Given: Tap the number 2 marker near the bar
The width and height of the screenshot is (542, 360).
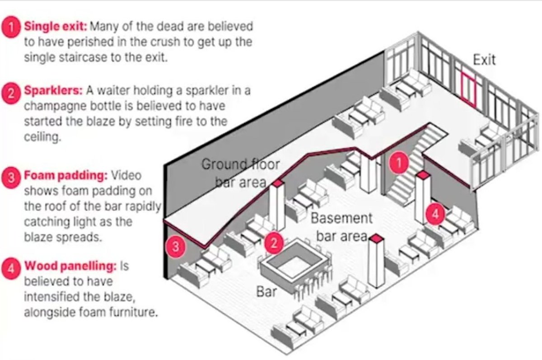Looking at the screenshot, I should pos(273,243).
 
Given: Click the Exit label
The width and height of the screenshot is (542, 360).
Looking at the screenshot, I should pos(484,60).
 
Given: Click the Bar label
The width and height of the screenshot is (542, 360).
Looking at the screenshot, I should pos(266,291).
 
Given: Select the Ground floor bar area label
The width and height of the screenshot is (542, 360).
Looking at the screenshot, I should pos(240,172).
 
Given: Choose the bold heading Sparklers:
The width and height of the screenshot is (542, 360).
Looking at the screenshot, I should pos(52,90).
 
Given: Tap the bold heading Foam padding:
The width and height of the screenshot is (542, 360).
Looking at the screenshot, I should pos(65,175).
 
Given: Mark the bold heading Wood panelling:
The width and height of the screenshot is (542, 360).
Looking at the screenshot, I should pos(70,266).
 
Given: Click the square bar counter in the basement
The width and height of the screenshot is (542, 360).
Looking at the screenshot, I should pos(294,262).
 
